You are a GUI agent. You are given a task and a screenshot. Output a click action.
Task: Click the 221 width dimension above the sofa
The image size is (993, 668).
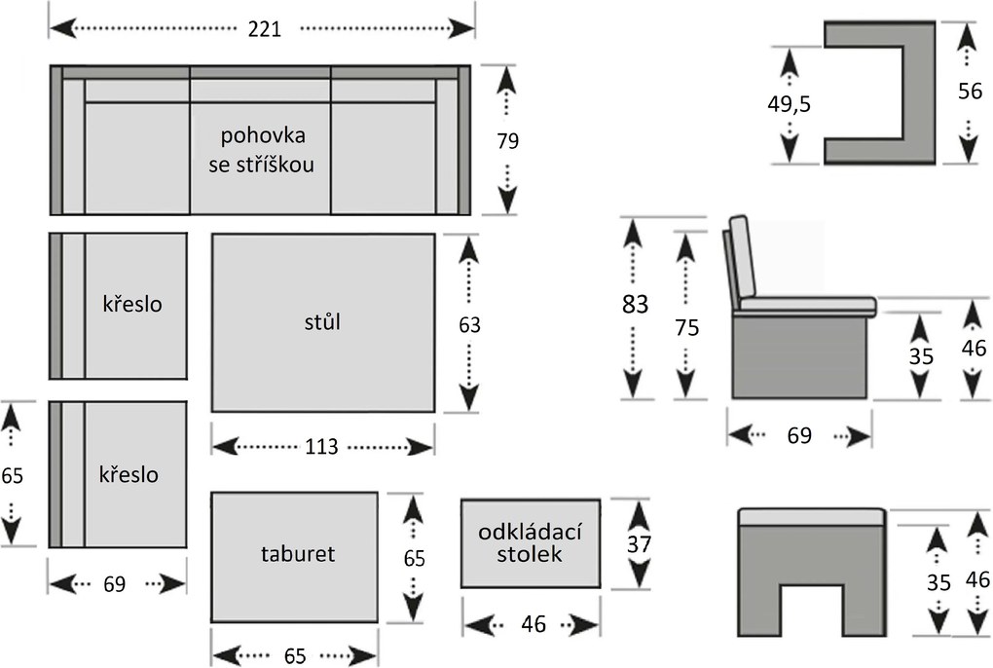[x=263, y=29]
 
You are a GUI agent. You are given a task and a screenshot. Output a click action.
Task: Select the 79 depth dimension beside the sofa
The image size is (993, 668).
[x=507, y=141]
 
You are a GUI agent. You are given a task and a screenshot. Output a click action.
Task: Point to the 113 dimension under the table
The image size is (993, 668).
[x=321, y=446]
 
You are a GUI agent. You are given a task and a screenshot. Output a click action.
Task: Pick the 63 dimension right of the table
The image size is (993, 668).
[x=469, y=325]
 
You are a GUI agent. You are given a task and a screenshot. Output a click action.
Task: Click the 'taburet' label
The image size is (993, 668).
[x=297, y=554]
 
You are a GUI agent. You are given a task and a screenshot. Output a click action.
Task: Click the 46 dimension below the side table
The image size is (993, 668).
[x=533, y=624]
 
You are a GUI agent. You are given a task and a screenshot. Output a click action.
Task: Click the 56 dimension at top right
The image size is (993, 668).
[x=969, y=92]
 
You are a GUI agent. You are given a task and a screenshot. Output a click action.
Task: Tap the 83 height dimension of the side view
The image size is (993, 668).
[x=635, y=304]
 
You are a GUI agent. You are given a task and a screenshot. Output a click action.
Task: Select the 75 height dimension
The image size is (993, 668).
[x=687, y=328]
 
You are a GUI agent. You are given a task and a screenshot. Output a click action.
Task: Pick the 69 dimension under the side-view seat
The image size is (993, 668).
[x=798, y=435]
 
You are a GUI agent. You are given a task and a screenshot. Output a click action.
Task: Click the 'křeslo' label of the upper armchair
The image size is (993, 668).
[x=132, y=303]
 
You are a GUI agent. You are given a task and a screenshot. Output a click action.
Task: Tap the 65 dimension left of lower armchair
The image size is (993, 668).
[x=12, y=476]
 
